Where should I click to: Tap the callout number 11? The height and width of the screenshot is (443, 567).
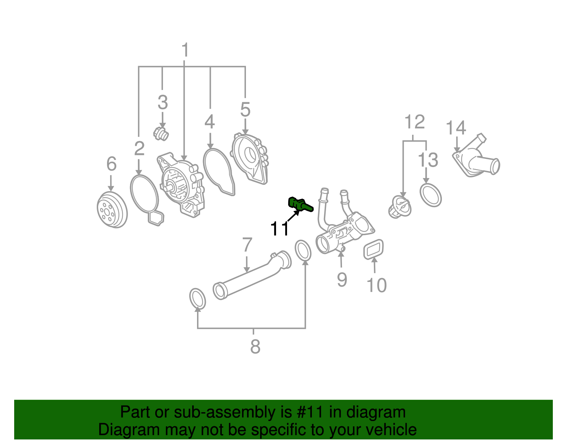[280, 229]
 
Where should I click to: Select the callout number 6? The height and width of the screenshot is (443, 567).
[111, 164]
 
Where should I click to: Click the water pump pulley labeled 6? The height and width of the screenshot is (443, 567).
[112, 210]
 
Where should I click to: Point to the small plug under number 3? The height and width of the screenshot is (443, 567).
[161, 134]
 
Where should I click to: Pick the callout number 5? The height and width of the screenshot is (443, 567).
[245, 110]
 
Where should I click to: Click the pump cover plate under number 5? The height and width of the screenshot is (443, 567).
[250, 158]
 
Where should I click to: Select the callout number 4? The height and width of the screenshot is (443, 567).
[209, 122]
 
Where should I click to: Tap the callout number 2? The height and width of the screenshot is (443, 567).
[139, 148]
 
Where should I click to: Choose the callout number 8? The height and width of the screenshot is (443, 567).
[255, 347]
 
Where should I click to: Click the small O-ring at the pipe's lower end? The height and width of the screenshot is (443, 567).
[197, 299]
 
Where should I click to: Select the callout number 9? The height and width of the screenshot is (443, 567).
[342, 279]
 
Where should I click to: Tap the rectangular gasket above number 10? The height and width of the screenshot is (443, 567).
[374, 249]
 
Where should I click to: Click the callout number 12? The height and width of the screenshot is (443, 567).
[414, 122]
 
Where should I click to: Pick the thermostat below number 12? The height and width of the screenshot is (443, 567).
[400, 207]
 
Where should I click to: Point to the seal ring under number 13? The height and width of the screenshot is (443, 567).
[431, 195]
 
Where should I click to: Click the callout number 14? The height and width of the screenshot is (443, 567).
[455, 128]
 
